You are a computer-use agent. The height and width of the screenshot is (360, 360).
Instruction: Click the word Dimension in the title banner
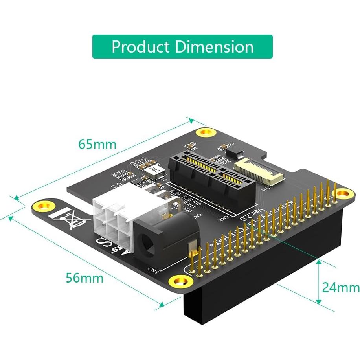[x=214, y=47]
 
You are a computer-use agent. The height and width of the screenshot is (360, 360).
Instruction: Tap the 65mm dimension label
[x=97, y=144]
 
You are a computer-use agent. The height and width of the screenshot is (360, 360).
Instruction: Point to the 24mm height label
[x=340, y=287]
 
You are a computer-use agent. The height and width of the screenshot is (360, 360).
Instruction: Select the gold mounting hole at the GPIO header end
[x=343, y=193]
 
